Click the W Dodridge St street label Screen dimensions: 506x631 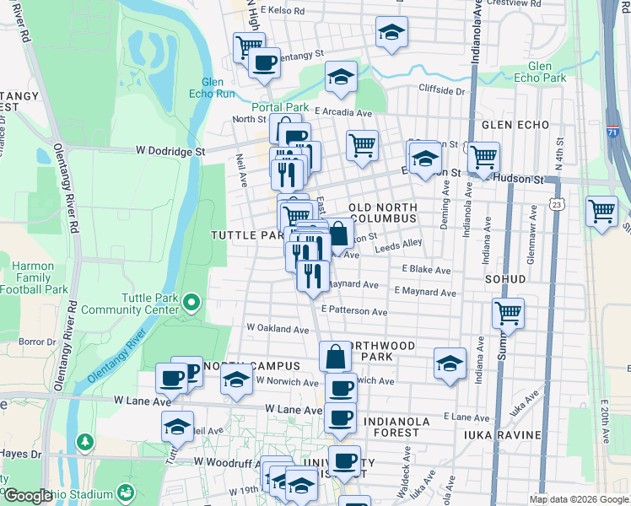(170, 151)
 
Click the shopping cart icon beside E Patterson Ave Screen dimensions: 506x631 (508, 314)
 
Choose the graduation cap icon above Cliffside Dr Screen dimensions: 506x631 (340, 78)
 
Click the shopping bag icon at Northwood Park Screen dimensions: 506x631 (336, 357)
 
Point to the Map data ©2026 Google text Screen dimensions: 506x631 (578, 499)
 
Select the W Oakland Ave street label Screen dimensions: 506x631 (278, 328)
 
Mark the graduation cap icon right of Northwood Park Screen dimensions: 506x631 (450, 363)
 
